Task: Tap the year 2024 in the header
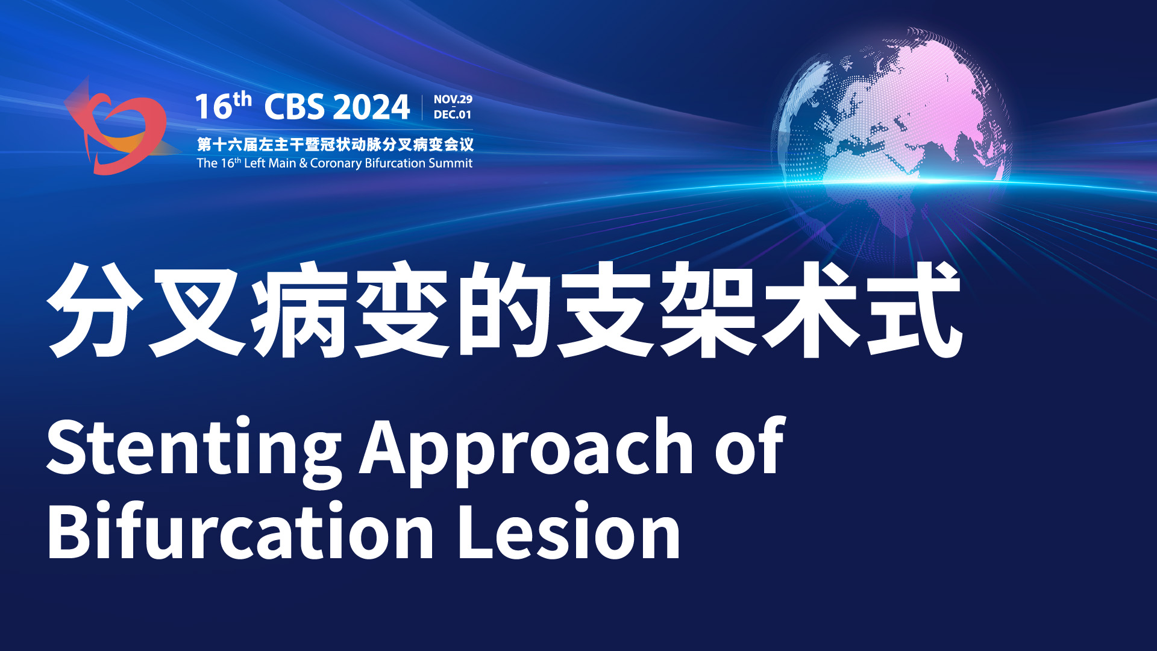371,107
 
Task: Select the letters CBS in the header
294,107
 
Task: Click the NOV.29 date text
453,99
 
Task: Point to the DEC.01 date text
453,115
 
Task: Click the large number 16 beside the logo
214,107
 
